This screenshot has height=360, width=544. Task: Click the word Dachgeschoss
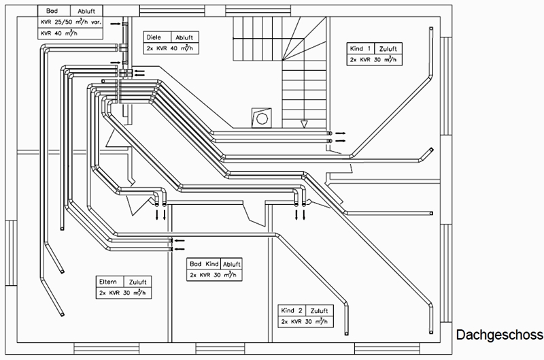pos(499,335)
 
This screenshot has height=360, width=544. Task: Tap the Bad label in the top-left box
pos(52,11)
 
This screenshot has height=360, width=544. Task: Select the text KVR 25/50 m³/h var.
pos(71,22)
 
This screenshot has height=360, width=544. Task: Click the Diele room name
pos(154,37)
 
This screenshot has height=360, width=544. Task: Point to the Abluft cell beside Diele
pos(184,37)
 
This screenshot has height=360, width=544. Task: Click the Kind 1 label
pos(360,48)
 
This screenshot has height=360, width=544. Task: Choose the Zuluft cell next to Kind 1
pos(388,49)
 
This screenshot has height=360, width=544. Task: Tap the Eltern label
pos(108,282)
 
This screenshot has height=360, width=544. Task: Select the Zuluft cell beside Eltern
pos(138,282)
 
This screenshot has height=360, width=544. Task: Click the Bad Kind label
pos(204,264)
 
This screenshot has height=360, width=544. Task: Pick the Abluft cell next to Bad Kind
pos(231,264)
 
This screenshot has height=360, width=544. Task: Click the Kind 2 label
pos(292,310)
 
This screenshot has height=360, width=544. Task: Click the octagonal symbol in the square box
pos(261,118)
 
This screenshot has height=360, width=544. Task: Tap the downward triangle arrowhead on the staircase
pos(304,124)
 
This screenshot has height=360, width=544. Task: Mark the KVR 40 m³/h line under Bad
pos(59,33)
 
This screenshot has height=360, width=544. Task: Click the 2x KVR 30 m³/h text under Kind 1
pos(373,59)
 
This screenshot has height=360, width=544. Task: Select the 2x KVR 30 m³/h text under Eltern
pos(122,293)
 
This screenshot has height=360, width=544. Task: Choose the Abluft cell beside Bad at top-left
pos(86,11)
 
